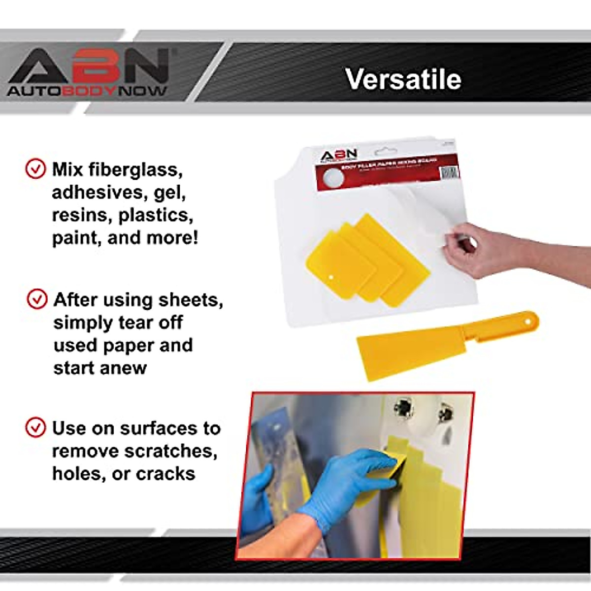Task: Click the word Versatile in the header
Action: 403,79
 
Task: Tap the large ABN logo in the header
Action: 89,66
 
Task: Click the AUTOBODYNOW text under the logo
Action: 87,91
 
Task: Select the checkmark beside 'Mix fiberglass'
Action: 35,169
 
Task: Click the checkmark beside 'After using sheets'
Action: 37,299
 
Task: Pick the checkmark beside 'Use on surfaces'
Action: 35,427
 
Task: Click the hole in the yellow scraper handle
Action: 530,321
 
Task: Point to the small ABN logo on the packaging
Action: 338,155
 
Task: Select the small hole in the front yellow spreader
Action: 331,277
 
